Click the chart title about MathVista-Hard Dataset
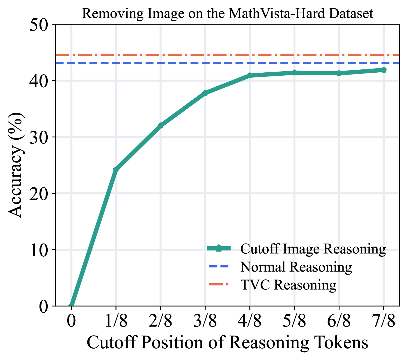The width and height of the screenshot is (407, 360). coord(227,14)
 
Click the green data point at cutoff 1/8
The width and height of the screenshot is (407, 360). coord(116,170)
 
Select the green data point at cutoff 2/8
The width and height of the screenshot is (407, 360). coord(161,125)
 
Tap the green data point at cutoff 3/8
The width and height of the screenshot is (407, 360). coord(205,93)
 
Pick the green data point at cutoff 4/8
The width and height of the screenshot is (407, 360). coord(250,75)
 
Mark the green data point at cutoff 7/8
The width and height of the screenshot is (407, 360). coord(384,70)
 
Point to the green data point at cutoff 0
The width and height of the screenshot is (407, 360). coord(71,305)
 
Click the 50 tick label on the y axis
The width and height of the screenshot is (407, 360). coord(41,24)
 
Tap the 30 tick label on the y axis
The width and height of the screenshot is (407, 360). coord(41,137)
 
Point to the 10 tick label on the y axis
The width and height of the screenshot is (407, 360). coord(41,250)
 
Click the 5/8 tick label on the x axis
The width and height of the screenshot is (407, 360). coord(294,321)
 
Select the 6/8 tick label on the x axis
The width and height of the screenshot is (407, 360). coord(339,321)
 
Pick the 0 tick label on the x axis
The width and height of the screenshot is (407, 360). coord(71,321)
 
